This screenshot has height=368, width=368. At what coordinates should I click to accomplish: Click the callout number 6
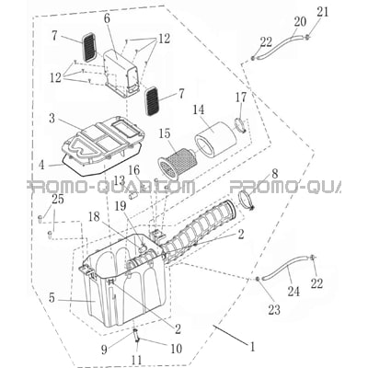pos(107,18)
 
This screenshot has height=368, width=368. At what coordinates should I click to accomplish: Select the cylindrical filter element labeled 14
pos(216,139)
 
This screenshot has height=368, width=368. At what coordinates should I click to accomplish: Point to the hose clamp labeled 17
pos(240,125)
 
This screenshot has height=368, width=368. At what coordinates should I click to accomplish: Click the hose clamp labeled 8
pos(247,200)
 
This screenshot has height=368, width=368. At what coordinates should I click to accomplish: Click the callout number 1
pos(252,347)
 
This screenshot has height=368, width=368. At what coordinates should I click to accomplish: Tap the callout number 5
pos(52,298)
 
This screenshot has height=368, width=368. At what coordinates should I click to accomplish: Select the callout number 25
pos(58,200)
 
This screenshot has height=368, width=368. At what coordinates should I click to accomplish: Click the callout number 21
pos(323,13)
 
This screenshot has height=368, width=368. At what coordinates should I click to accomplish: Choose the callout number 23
pos(274,310)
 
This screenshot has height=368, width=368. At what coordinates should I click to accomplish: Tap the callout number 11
pos(137,360)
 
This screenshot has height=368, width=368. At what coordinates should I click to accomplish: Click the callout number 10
pos(176,349)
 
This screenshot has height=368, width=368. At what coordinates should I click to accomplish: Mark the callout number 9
pos(104,350)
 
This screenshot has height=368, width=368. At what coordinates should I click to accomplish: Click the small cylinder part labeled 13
pos(134,195)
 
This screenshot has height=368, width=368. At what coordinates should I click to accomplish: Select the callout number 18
pos(94,217)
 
